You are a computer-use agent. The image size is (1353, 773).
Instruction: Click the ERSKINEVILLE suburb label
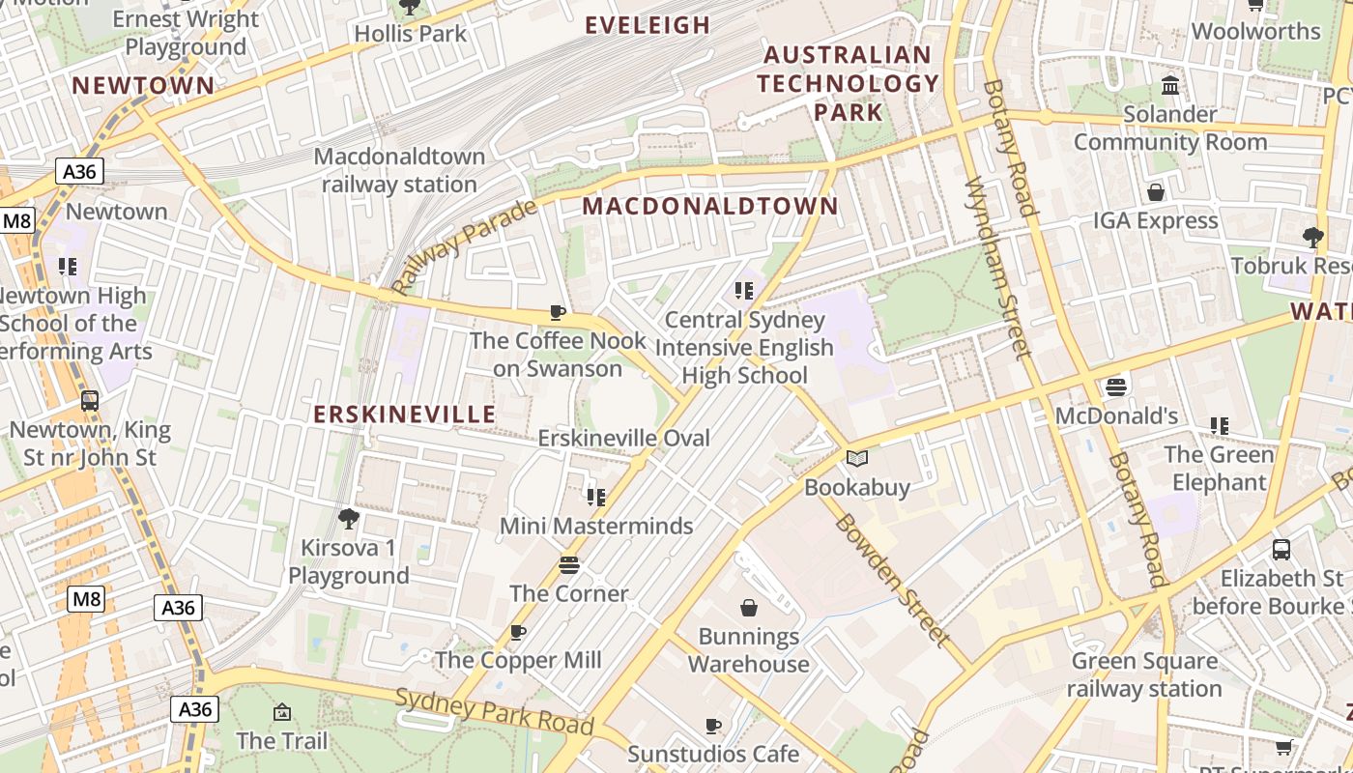404,415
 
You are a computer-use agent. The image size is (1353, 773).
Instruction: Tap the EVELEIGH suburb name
648,25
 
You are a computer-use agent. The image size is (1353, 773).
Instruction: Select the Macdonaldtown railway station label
399,170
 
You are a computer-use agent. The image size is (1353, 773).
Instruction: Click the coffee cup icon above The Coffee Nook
558,312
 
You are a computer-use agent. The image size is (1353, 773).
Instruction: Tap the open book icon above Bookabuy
857,459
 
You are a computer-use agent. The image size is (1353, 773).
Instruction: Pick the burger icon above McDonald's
1116,387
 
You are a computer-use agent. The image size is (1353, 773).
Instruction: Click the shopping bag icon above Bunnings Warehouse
748,608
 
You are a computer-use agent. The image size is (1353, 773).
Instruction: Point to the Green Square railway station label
1144,675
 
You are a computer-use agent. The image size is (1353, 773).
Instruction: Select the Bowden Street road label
891,579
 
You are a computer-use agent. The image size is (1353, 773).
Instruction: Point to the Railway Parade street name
464,247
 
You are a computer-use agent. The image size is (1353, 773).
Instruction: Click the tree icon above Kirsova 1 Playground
349,520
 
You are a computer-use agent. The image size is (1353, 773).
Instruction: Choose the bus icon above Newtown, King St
90,400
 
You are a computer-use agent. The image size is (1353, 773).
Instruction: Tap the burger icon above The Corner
569,565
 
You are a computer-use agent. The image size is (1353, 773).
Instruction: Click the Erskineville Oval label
623,438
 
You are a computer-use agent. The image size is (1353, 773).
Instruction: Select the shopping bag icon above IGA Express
1155,192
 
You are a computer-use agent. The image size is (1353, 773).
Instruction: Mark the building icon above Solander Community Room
1170,86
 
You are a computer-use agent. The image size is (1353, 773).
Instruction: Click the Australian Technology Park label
848,83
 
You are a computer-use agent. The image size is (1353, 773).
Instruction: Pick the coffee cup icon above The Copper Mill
518,632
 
